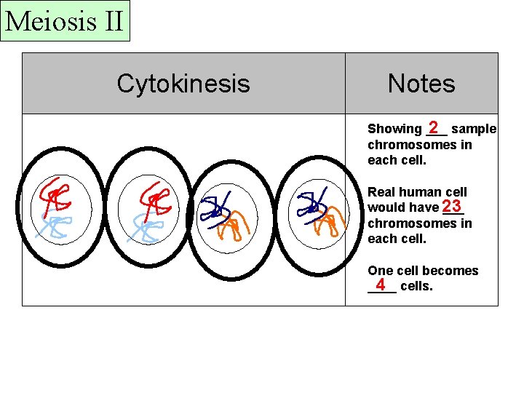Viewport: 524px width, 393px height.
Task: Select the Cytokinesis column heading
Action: coord(183,84)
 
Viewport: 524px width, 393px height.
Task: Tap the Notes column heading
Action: coord(421,84)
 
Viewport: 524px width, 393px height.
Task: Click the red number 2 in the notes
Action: coord(434,127)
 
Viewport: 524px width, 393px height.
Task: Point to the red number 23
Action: coord(451,206)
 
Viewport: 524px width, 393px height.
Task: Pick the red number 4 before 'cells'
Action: coord(381,285)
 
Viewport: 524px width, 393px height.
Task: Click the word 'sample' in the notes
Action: coord(474,129)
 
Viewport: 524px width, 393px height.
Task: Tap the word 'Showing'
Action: coord(394,129)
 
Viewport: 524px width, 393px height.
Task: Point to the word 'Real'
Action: coord(381,192)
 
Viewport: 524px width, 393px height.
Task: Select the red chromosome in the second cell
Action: coord(154,196)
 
